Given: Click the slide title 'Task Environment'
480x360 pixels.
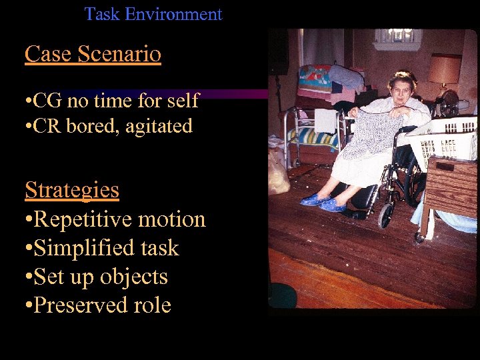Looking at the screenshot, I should tap(153, 14).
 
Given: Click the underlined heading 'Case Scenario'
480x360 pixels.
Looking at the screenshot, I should tap(93, 54).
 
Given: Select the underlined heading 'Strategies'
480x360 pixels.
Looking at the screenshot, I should tap(72, 190).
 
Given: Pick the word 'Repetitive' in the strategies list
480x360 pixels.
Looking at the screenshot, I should tap(87, 219).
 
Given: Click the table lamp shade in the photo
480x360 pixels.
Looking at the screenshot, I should tap(444, 69).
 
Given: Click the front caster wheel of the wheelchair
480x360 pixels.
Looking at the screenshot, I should tap(385, 215).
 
